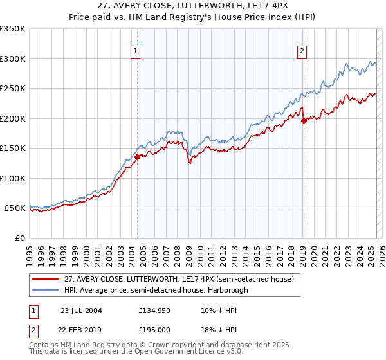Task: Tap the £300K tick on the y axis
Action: point(13,59)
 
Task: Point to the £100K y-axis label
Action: point(13,178)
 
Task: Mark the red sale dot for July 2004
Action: point(138,156)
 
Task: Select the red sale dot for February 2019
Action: point(304,122)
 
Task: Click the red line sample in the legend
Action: point(46,279)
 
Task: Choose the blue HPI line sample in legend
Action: point(46,289)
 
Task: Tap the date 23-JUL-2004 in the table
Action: point(81,310)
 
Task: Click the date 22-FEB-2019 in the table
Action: point(81,328)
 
